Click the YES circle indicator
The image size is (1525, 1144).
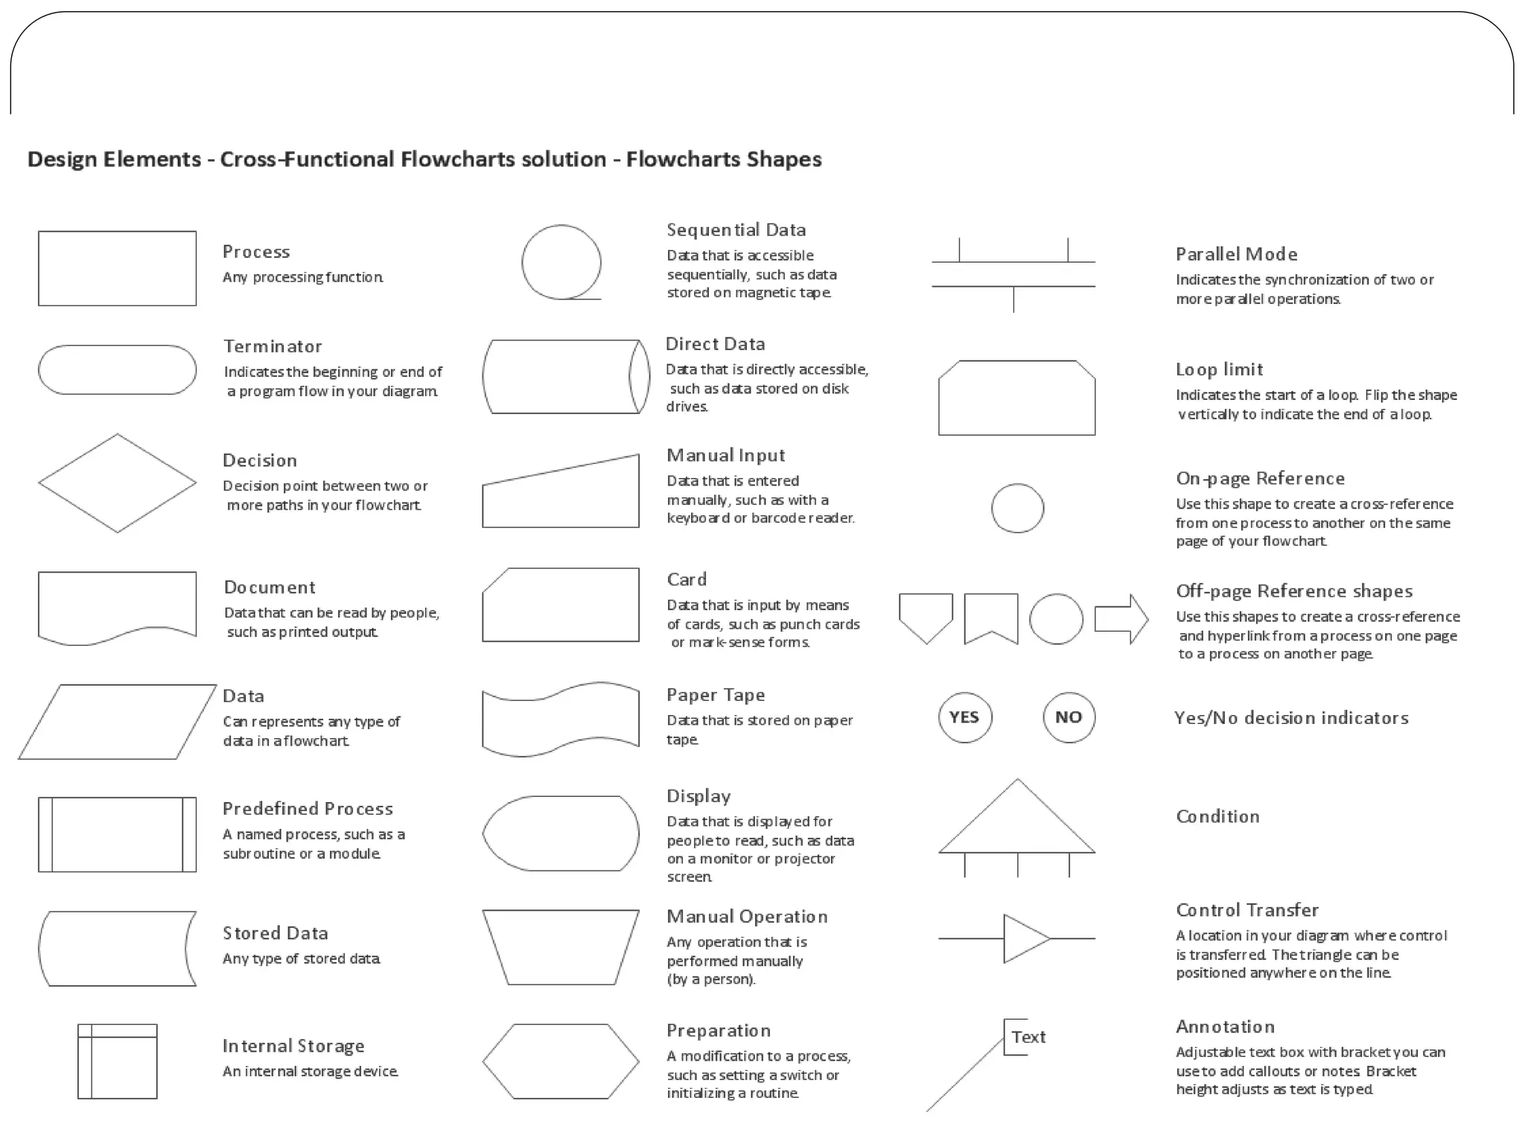click(x=964, y=717)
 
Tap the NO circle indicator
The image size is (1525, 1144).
click(x=1069, y=717)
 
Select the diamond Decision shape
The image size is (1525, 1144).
click(x=117, y=483)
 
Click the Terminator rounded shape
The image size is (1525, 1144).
click(x=117, y=369)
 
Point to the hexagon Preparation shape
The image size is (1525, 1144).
click(x=560, y=1061)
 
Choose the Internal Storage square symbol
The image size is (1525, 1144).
click(x=118, y=1061)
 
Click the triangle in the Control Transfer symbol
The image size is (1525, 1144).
click(x=1024, y=938)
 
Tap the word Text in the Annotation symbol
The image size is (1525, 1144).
click(x=1028, y=1037)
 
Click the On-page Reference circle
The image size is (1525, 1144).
click(x=1017, y=509)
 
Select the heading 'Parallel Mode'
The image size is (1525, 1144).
click(x=1236, y=255)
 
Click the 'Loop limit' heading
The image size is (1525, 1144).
click(x=1219, y=369)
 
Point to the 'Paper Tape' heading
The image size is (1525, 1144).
click(x=716, y=695)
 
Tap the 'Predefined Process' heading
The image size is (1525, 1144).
click(x=308, y=809)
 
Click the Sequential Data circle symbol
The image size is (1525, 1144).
click(x=561, y=262)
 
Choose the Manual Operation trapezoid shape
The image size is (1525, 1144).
click(x=560, y=947)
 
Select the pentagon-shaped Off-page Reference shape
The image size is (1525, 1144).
click(x=926, y=615)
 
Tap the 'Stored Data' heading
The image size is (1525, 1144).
click(x=275, y=933)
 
